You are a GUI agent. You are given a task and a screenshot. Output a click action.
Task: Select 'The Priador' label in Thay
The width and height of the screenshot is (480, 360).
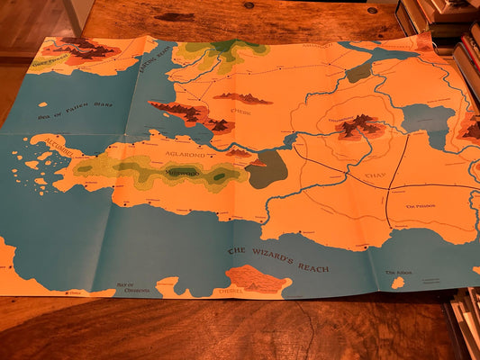[x=420, y=205]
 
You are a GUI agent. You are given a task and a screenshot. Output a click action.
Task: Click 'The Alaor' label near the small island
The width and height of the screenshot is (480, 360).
[x=397, y=272]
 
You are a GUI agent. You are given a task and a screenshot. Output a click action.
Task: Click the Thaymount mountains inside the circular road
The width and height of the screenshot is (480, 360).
[x=359, y=125]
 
